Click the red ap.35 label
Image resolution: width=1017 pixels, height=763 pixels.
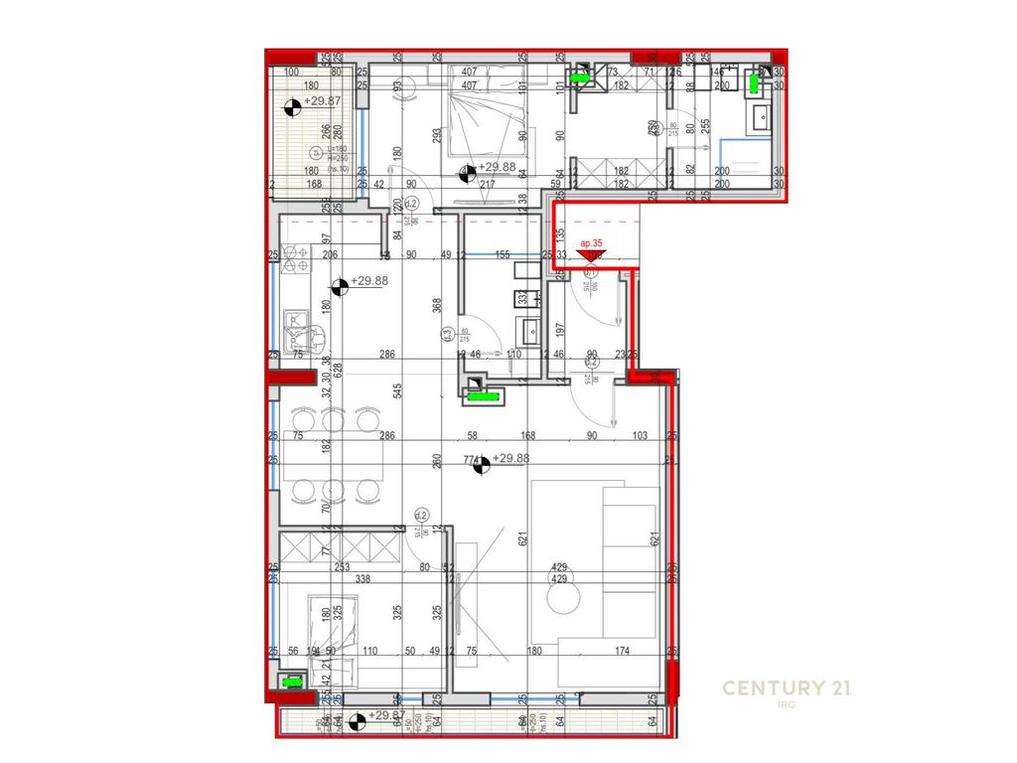tap(592, 242)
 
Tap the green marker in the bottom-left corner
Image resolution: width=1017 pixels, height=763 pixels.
tap(292, 683)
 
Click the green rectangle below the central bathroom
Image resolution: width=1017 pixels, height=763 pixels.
tap(486, 396)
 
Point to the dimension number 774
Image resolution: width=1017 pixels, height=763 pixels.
tap(472, 460)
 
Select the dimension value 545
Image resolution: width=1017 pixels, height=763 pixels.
tap(398, 391)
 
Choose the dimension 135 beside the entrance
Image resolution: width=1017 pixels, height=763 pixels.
tap(560, 235)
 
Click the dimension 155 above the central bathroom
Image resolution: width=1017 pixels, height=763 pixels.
tap(502, 255)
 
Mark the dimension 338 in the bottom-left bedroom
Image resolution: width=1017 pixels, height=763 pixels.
tap(363, 580)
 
